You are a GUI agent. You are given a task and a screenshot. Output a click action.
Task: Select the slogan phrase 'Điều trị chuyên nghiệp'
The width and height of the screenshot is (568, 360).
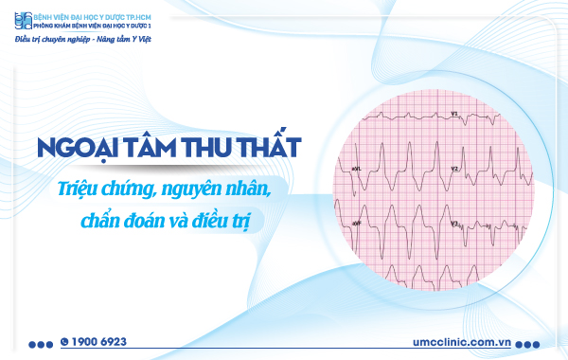tap(50, 40)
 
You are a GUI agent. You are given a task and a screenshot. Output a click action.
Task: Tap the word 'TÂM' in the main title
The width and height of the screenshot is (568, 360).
tap(142, 149)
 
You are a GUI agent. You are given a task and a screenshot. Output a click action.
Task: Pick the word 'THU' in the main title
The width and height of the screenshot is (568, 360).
tap(200, 149)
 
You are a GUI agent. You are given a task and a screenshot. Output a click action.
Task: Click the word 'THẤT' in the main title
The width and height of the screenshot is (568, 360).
tap(264, 149)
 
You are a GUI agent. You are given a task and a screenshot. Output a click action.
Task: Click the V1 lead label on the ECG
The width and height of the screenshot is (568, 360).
tap(453, 115)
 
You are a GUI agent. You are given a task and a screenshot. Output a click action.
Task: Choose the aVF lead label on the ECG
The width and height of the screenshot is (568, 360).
tap(357, 224)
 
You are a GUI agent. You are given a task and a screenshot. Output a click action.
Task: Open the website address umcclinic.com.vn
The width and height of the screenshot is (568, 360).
tap(462, 340)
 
